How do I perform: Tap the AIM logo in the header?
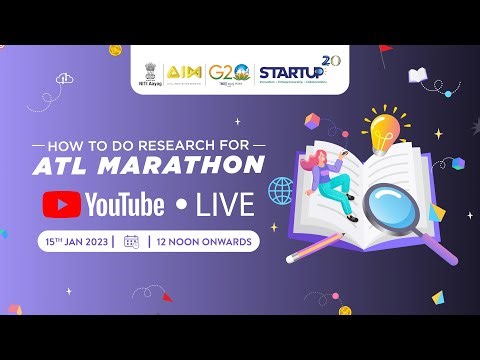[x=188, y=73]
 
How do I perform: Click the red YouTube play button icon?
[x=61, y=205]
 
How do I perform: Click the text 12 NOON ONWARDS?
[x=205, y=241]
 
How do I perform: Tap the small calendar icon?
[x=130, y=241]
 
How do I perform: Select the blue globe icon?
[x=281, y=188]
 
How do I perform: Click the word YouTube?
[x=124, y=205]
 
